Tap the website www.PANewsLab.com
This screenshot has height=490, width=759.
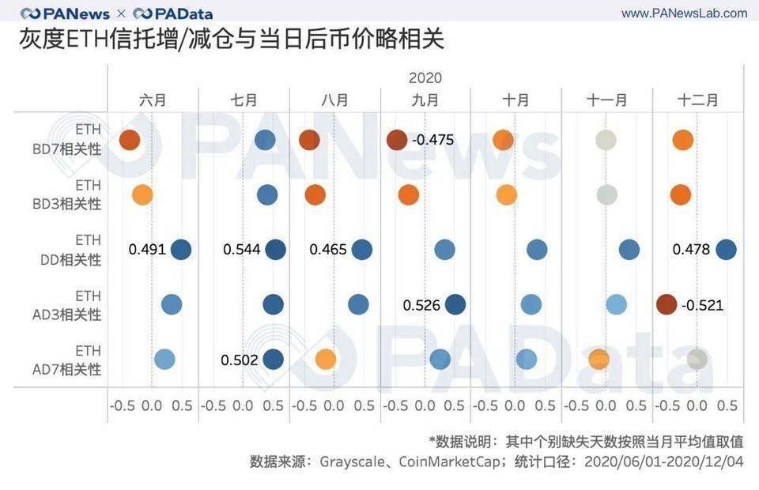684,13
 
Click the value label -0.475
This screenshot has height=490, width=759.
433,140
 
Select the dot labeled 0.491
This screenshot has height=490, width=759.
181,250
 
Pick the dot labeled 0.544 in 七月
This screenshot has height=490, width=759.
275,250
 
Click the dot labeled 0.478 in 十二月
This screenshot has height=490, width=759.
726,250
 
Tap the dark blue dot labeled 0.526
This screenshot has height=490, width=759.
455,304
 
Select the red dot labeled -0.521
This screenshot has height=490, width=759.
666,304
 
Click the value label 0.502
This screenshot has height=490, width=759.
240,360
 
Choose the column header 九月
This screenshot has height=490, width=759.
425,100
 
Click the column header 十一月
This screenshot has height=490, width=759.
606,100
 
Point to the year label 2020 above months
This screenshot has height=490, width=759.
425,78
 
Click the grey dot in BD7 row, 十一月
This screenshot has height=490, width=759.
606,140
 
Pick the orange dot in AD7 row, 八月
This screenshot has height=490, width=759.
325,360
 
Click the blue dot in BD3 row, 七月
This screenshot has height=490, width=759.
267,194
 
